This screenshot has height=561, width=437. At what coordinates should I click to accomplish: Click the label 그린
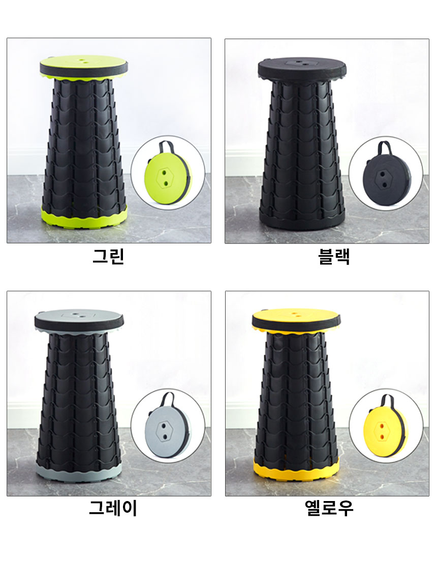click(108, 256)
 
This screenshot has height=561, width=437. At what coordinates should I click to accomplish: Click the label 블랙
click(334, 257)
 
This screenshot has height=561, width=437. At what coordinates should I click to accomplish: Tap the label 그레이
click(113, 508)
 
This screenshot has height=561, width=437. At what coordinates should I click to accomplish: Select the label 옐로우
click(329, 508)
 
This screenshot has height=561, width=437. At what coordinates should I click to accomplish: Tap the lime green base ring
click(84, 216)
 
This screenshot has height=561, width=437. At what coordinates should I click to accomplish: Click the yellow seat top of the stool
click(296, 317)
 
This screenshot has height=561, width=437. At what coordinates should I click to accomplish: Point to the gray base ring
click(79, 471)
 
